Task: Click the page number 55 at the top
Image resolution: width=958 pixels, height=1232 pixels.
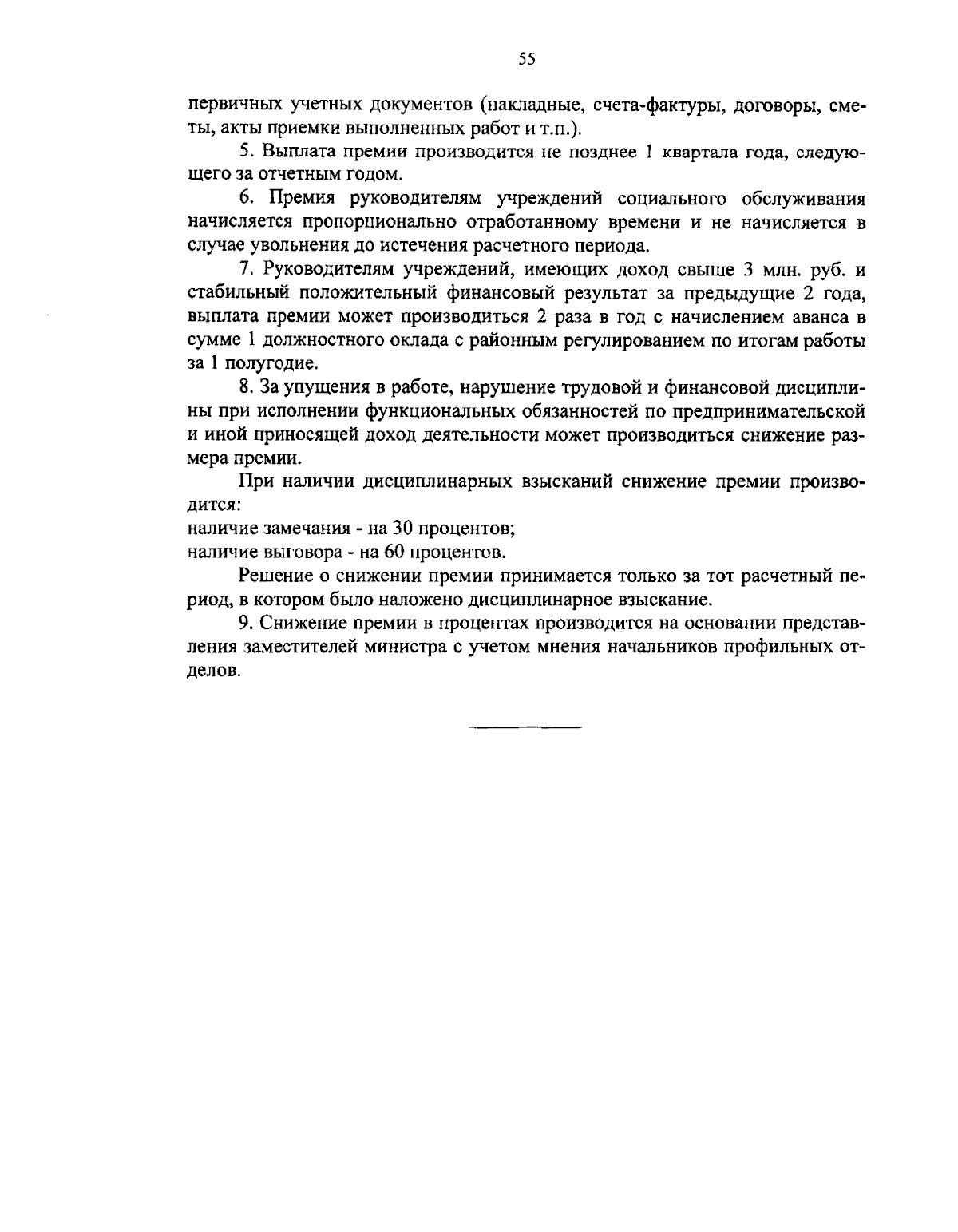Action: (526, 57)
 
